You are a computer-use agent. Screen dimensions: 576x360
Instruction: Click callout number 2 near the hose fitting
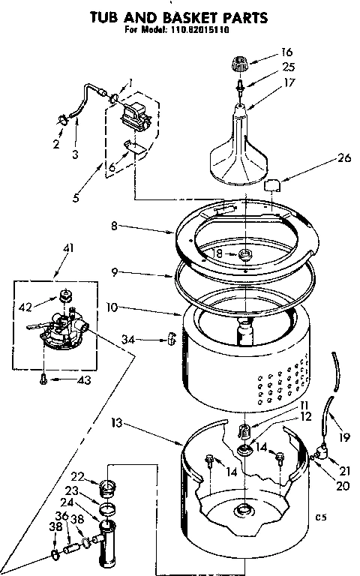click(55, 145)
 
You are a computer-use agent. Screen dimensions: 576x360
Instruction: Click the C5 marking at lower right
click(323, 517)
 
